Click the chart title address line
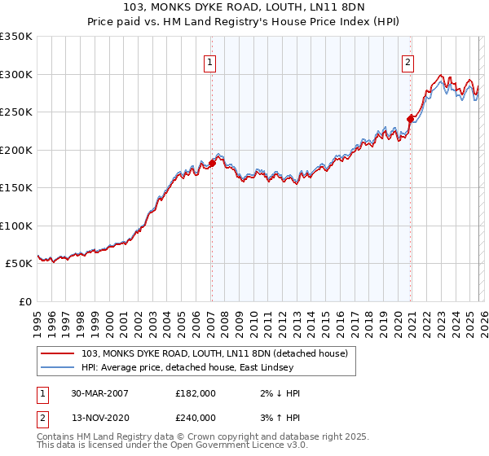click(244, 7)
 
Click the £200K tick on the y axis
click(16, 150)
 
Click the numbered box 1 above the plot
click(210, 63)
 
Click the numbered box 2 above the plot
click(407, 63)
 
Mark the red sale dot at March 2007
click(212, 164)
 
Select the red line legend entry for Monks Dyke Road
click(214, 353)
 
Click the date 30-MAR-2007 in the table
click(100, 393)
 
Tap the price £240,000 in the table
click(196, 417)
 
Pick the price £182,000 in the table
click(196, 393)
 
